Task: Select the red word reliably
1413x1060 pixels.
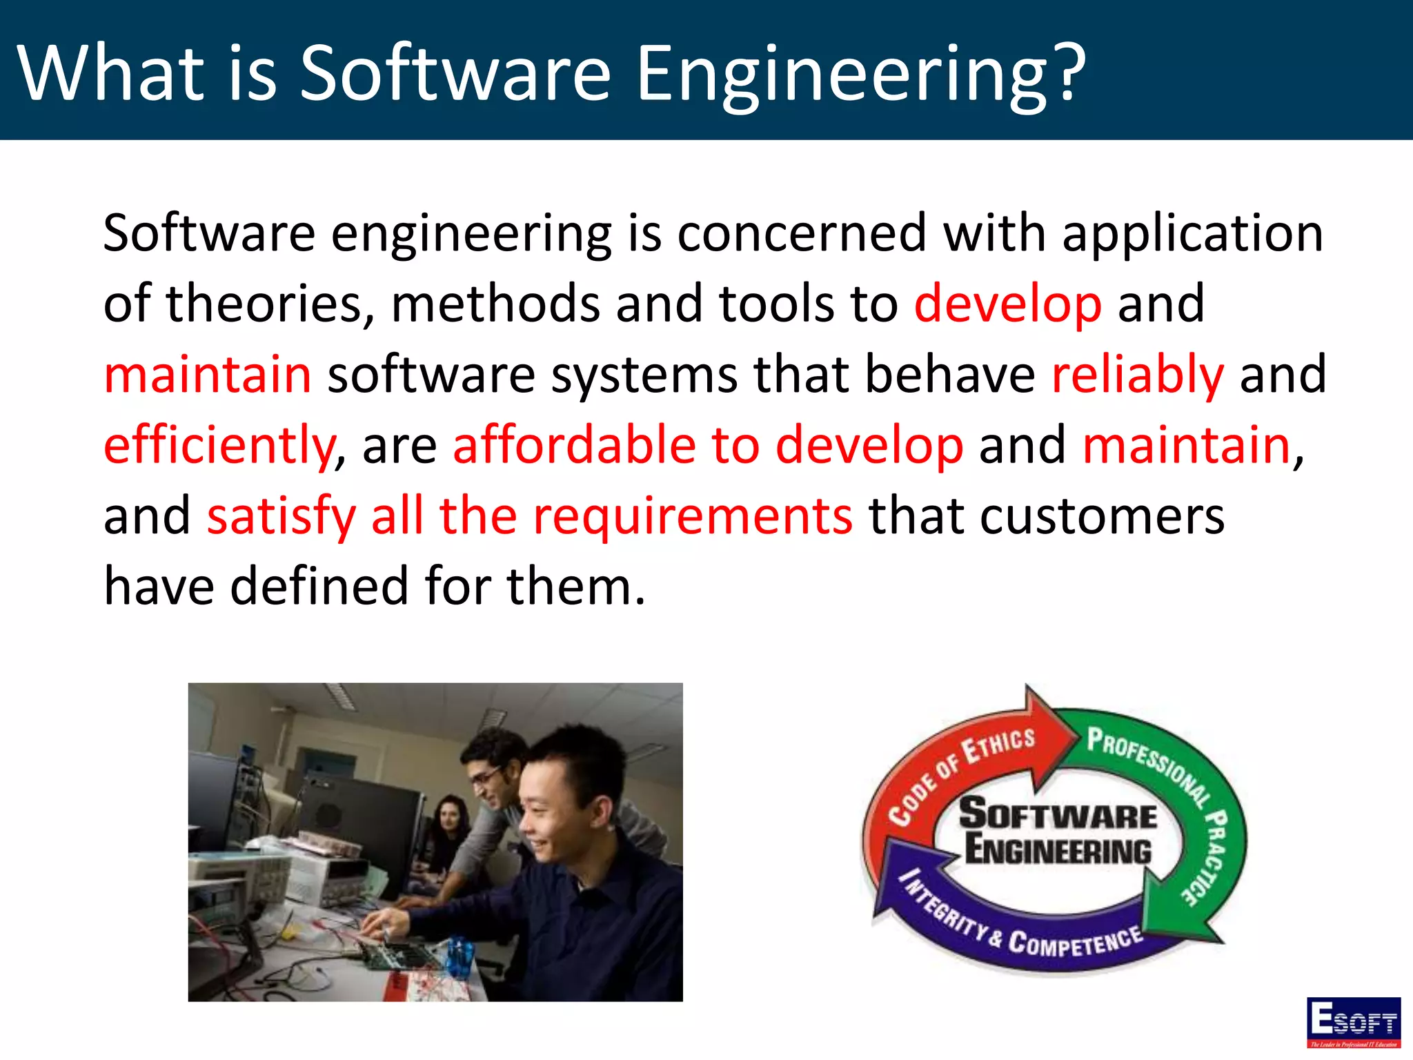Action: pyautogui.click(x=1137, y=375)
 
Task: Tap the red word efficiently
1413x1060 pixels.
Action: pyautogui.click(x=219, y=446)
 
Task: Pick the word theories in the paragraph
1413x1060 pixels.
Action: pyautogui.click(x=270, y=304)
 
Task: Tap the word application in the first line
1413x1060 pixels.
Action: pyautogui.click(x=1193, y=233)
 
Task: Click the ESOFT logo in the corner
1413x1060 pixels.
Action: pyautogui.click(x=1353, y=1022)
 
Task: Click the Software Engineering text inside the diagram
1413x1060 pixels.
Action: pyautogui.click(x=1058, y=832)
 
